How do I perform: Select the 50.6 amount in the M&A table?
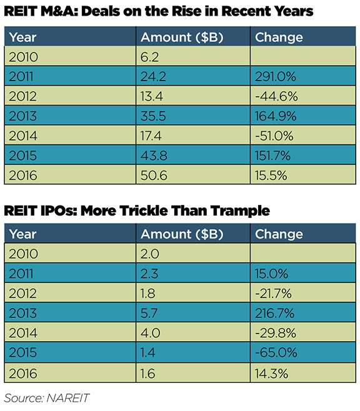(x=154, y=175)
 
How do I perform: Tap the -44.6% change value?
(x=276, y=96)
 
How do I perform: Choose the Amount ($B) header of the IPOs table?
(x=182, y=234)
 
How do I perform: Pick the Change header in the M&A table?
(x=279, y=37)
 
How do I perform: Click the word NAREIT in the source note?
(x=68, y=398)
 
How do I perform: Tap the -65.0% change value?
(x=276, y=352)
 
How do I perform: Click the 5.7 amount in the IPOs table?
(x=149, y=313)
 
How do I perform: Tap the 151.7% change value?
(x=272, y=156)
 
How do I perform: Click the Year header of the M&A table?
(x=22, y=37)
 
